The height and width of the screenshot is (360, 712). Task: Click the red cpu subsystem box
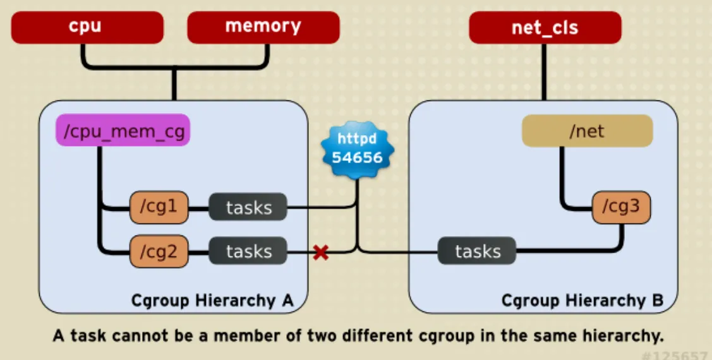pyautogui.click(x=87, y=28)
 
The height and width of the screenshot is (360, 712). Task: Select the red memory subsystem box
pyautogui.click(x=263, y=28)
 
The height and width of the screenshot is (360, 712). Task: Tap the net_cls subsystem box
pyautogui.click(x=545, y=28)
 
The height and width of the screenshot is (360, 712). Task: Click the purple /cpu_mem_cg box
pyautogui.click(x=123, y=130)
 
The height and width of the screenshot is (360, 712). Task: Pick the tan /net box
pyautogui.click(x=588, y=131)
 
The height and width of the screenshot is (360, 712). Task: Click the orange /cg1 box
pyautogui.click(x=159, y=207)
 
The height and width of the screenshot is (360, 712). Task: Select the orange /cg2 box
pyautogui.click(x=159, y=251)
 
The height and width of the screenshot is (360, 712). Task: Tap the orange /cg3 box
pyautogui.click(x=621, y=207)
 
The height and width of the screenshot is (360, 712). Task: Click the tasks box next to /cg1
pyautogui.click(x=248, y=207)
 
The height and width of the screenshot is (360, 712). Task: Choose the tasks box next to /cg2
pyautogui.click(x=248, y=251)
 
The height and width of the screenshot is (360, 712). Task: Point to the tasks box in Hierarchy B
pyautogui.click(x=477, y=251)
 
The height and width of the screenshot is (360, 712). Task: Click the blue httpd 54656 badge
pyautogui.click(x=358, y=149)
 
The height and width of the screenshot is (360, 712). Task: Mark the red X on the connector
pyautogui.click(x=321, y=253)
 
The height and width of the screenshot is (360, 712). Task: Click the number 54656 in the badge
pyautogui.click(x=358, y=158)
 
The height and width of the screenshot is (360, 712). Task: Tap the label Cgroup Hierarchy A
pyautogui.click(x=212, y=301)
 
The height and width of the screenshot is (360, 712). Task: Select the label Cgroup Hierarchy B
pyautogui.click(x=582, y=301)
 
